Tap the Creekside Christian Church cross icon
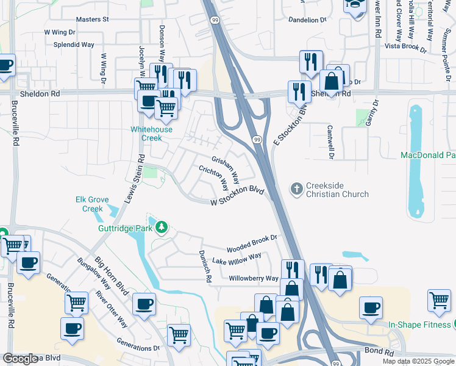click(x=297, y=189)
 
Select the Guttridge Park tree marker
click(x=161, y=228)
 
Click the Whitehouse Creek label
click(x=151, y=134)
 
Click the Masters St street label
click(x=93, y=20)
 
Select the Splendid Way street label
click(x=74, y=45)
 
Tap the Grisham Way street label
click(x=226, y=168)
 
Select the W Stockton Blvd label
click(x=237, y=197)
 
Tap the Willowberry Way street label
click(x=254, y=279)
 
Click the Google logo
click(x=21, y=359)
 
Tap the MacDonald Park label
click(x=427, y=156)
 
